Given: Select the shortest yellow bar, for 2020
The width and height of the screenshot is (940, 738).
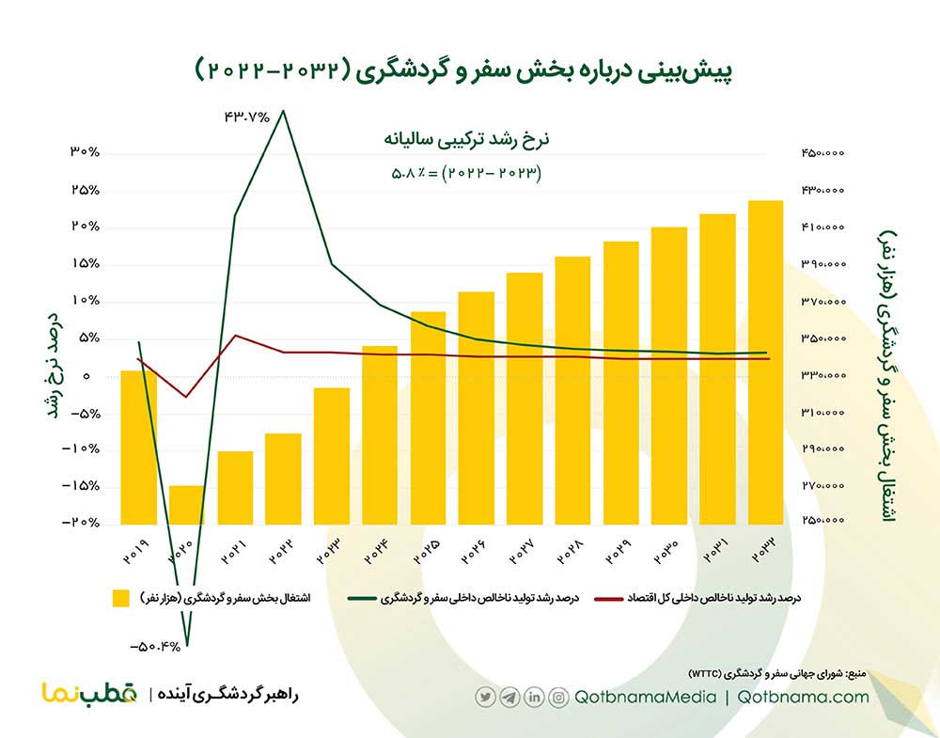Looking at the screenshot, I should [186, 505].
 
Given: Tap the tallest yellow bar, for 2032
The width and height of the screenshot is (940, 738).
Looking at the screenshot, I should [765, 362].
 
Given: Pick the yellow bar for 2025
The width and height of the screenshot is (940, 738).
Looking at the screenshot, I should [428, 417].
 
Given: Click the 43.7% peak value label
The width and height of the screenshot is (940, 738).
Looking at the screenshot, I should [246, 118].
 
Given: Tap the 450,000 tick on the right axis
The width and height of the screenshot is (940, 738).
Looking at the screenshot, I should [823, 153].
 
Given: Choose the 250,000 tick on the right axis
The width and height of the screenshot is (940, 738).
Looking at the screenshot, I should [823, 523].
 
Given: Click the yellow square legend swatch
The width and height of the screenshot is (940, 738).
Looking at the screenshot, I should [120, 598].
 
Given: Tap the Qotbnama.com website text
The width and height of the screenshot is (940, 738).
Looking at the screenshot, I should [804, 698].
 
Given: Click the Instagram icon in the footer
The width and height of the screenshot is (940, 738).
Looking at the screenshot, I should [559, 698].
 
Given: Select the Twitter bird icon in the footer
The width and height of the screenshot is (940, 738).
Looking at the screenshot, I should [485, 698].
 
